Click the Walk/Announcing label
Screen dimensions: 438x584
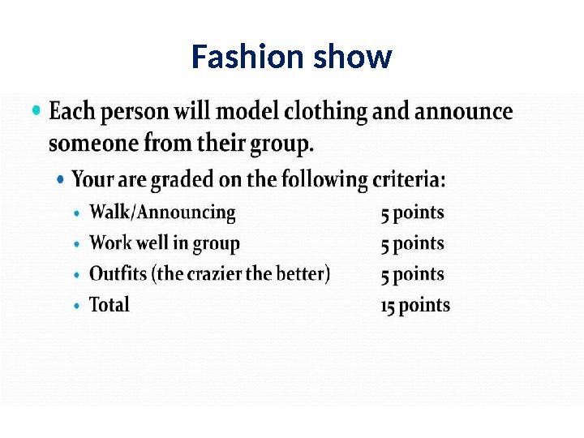(x=162, y=213)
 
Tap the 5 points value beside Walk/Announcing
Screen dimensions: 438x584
(x=413, y=213)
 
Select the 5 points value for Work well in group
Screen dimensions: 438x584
(x=413, y=244)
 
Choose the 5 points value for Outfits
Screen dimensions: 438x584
(x=413, y=275)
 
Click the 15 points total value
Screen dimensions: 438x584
(x=414, y=306)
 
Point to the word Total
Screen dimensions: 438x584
(x=109, y=306)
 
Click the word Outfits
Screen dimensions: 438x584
(x=118, y=274)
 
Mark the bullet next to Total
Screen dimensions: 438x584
(x=76, y=307)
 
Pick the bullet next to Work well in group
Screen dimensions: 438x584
(x=76, y=244)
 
